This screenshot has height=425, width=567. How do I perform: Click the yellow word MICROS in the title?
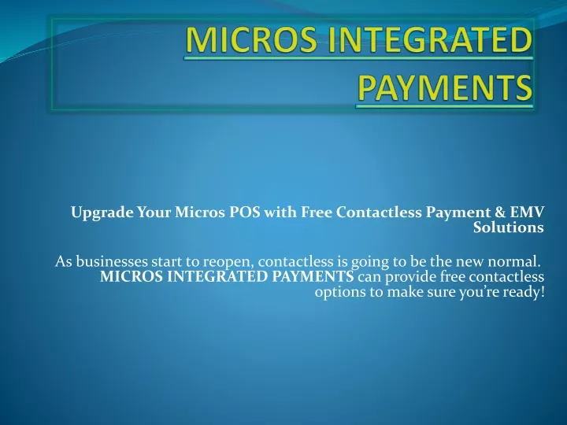point(251,39)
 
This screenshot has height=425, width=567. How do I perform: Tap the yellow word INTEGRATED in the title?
point(429,39)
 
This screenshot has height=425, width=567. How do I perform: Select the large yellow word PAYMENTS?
point(445,87)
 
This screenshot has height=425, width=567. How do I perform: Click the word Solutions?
point(509,227)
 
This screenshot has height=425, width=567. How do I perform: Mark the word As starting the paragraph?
point(63,261)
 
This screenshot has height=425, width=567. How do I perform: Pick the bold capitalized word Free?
point(317,213)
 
